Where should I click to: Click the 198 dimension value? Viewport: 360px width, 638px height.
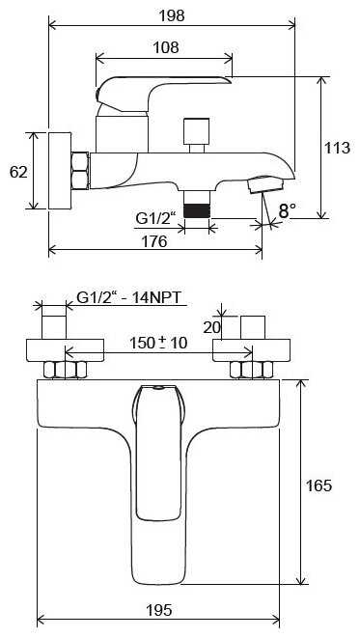pos(171,15)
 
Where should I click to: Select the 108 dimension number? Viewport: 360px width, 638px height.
pos(166,47)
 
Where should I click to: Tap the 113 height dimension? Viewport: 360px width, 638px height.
pos(337,148)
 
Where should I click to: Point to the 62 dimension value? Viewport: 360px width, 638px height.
pos(18,172)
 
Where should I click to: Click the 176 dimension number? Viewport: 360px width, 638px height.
pos(154,241)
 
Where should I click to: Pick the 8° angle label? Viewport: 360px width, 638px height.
pos(288,210)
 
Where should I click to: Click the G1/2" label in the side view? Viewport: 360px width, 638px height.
pos(155,219)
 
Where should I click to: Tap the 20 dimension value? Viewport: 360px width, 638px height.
pos(211,327)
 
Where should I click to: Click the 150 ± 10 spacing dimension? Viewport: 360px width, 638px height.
pos(158,343)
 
